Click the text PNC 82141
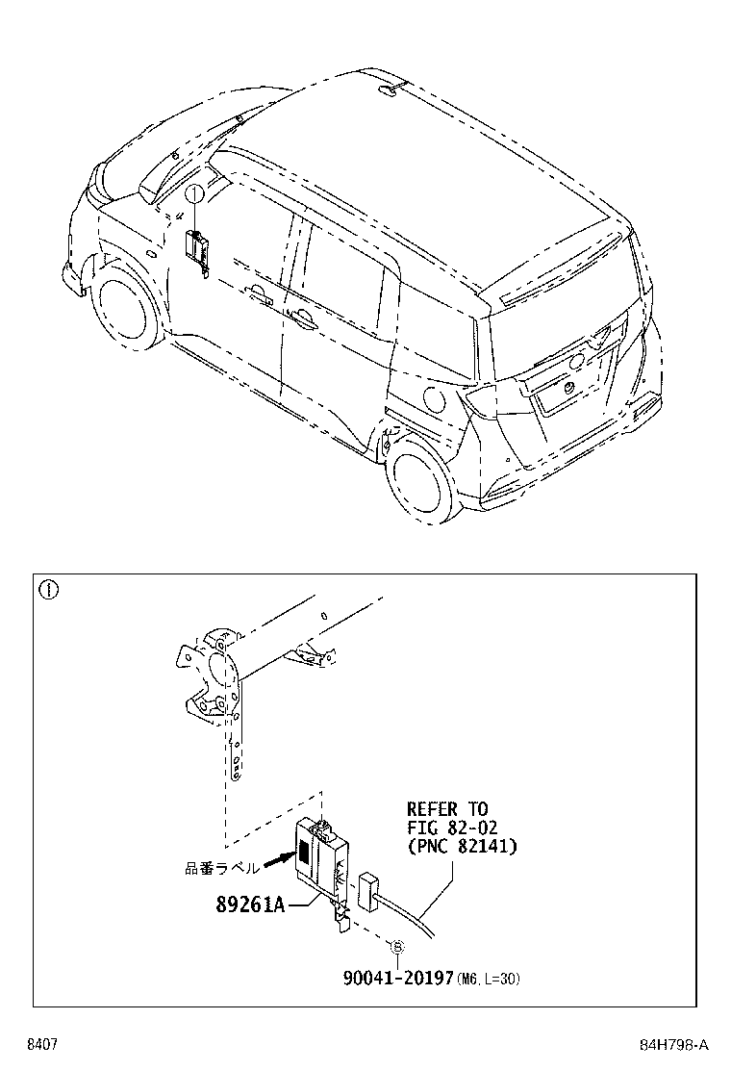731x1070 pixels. pyautogui.click(x=462, y=846)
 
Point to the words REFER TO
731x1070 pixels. pyautogui.click(x=446, y=809)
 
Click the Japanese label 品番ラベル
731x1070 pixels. pyautogui.click(x=221, y=867)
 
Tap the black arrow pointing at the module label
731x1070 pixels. pyautogui.click(x=276, y=860)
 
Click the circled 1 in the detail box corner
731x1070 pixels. pyautogui.click(x=47, y=589)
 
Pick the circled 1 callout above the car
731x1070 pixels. pyautogui.click(x=193, y=194)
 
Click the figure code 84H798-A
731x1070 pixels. pyautogui.click(x=674, y=1045)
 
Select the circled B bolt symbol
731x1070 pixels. pyautogui.click(x=395, y=947)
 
